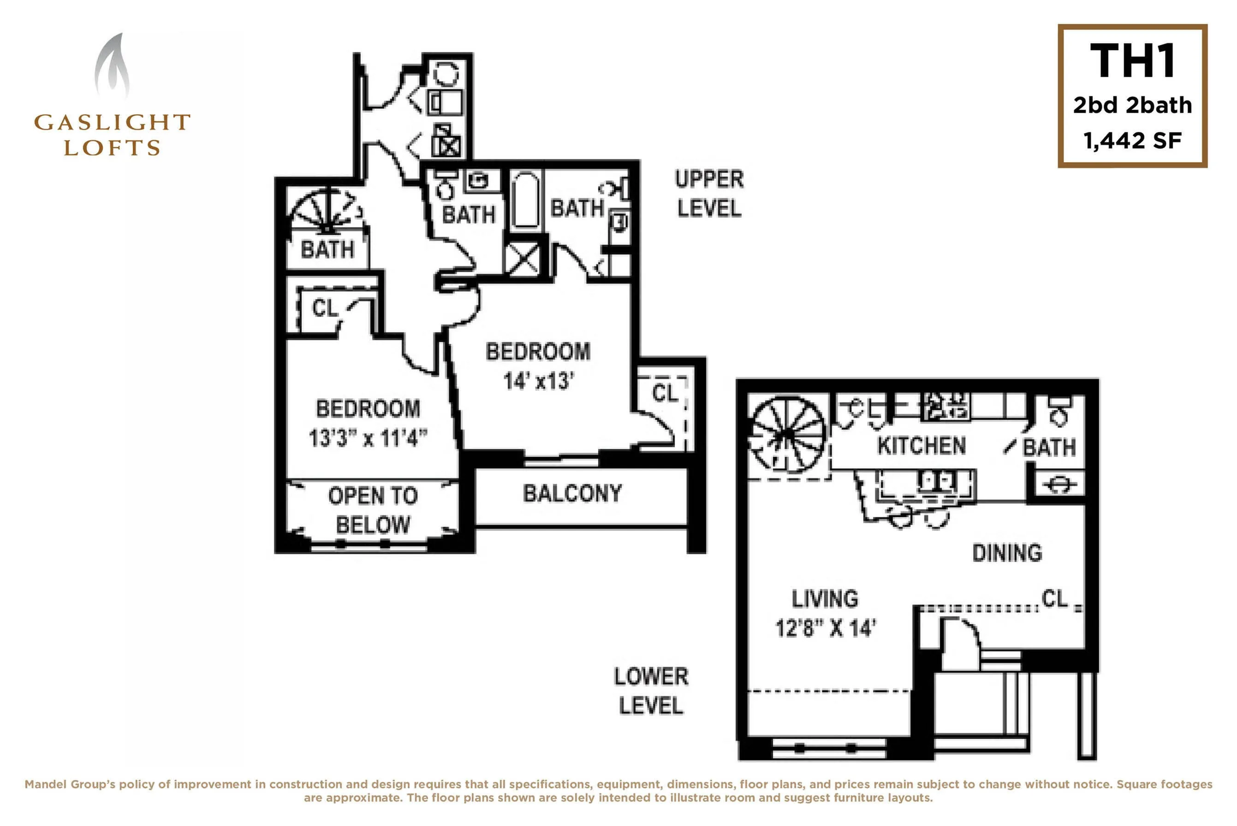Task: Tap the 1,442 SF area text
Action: click(x=1132, y=141)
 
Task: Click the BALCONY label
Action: click(x=572, y=494)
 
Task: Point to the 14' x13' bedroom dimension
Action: click(x=538, y=381)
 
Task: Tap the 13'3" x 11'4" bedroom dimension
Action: click(x=368, y=438)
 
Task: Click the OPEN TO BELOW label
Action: click(x=373, y=510)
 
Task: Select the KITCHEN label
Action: click(x=922, y=446)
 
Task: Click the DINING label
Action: click(x=1007, y=553)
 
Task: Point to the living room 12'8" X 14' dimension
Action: click(x=826, y=628)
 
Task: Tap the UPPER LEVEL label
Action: click(x=709, y=194)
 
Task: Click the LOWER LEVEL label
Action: click(x=651, y=690)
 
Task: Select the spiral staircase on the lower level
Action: click(x=787, y=435)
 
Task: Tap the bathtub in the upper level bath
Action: click(x=525, y=200)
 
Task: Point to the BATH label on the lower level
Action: click(x=1049, y=447)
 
